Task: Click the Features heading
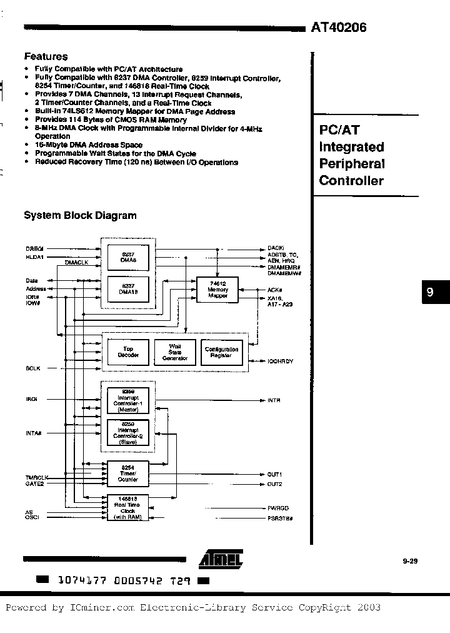pos(46,56)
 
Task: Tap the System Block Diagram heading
pos(80,215)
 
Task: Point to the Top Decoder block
pos(129,352)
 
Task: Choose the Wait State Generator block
pos(175,352)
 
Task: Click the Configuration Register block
pos(222,352)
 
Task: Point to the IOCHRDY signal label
pos(281,362)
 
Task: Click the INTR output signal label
pos(274,400)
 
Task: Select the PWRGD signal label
pos(278,508)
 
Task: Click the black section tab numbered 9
pos(430,292)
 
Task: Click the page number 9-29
pos(410,562)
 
